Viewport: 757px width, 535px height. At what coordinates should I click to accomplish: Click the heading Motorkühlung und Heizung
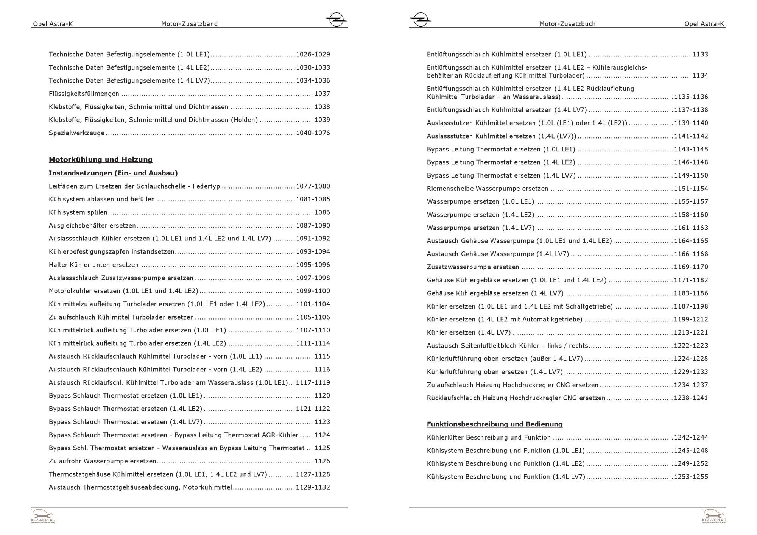click(100, 160)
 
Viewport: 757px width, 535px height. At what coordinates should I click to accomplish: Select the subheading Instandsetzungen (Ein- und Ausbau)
click(113, 173)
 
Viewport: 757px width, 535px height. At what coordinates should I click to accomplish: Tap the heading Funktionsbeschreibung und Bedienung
click(494, 424)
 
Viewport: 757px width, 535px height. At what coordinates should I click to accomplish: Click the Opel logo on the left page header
click(336, 19)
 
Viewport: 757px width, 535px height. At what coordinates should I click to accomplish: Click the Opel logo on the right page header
click(421, 19)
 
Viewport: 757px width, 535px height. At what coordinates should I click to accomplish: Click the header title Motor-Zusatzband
click(189, 24)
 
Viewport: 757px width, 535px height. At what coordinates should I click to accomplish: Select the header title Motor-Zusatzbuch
click(567, 24)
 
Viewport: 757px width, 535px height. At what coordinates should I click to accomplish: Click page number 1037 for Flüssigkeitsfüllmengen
click(322, 94)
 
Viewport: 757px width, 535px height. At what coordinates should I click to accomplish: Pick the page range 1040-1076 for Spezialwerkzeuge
click(313, 133)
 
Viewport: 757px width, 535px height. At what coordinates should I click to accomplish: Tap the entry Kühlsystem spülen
click(78, 212)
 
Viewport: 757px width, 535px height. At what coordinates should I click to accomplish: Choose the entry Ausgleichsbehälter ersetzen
click(92, 226)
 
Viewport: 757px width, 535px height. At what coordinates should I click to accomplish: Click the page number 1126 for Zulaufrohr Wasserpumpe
click(322, 461)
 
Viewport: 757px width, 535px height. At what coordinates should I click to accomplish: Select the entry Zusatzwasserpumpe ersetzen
click(473, 267)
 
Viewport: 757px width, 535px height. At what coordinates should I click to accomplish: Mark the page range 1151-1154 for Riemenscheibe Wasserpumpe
click(691, 189)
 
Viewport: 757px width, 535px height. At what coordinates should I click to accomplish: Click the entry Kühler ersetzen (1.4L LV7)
click(469, 333)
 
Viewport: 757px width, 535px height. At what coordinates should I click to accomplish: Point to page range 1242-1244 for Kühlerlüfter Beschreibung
click(691, 437)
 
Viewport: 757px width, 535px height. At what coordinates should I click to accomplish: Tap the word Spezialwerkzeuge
click(76, 133)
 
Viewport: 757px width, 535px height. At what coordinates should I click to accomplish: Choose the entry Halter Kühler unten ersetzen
click(93, 265)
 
